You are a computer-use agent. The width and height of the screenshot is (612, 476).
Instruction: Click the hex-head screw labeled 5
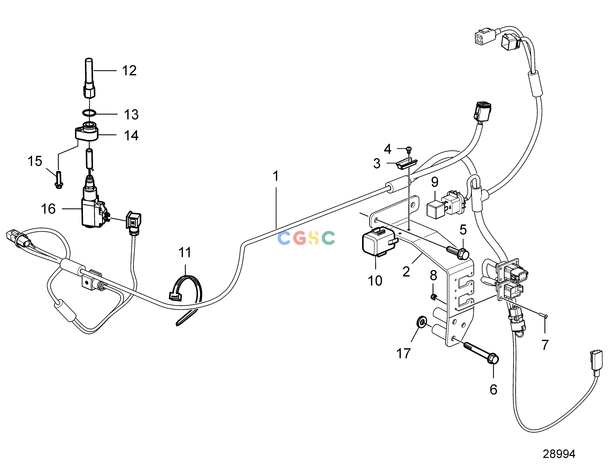[458, 252]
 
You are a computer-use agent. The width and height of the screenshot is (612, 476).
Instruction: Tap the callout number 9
[435, 182]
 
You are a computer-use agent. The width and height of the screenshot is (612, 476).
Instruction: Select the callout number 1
[276, 176]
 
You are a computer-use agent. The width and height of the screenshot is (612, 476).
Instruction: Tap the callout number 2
[406, 272]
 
